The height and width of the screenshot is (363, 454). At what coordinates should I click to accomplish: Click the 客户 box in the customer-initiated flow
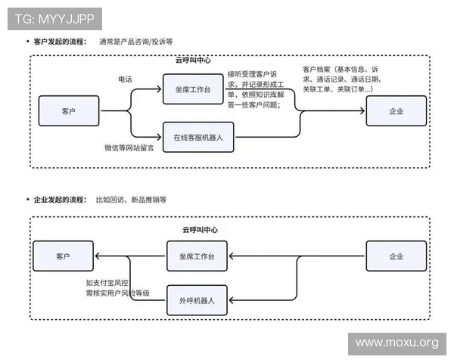pyautogui.click(x=69, y=110)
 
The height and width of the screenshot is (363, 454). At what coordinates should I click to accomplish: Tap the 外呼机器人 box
pyautogui.click(x=197, y=300)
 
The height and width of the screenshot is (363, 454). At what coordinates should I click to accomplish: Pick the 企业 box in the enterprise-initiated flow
pyautogui.click(x=396, y=256)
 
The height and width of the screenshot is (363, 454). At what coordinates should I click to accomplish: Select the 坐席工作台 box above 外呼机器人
pyautogui.click(x=197, y=256)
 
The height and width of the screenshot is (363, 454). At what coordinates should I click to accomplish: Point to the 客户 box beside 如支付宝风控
pyautogui.click(x=63, y=256)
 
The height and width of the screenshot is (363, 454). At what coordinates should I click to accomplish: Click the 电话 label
pyautogui.click(x=125, y=79)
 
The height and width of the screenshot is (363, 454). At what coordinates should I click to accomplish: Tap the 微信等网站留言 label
pyautogui.click(x=129, y=148)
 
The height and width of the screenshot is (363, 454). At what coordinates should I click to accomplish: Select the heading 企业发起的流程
pyautogui.click(x=60, y=200)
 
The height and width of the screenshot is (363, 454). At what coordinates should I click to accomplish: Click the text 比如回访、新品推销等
pyautogui.click(x=130, y=200)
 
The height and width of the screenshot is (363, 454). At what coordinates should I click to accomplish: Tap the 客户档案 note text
pyautogui.click(x=344, y=79)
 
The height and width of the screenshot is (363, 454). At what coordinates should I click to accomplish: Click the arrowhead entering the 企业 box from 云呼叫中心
pyautogui.click(x=363, y=111)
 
